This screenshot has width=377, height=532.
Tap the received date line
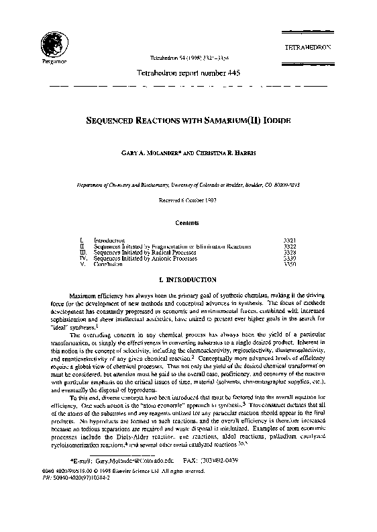[187, 199]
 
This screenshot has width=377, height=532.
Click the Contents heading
[187, 220]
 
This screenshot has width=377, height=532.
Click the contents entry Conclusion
[109, 265]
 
